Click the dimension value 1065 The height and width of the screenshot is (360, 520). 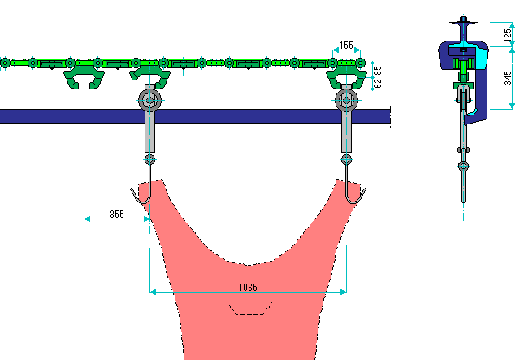249,287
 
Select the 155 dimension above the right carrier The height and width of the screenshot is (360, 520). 347,46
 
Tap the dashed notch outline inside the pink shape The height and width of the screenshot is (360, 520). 249,308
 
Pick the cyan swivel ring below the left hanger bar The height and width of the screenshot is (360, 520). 149,159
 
